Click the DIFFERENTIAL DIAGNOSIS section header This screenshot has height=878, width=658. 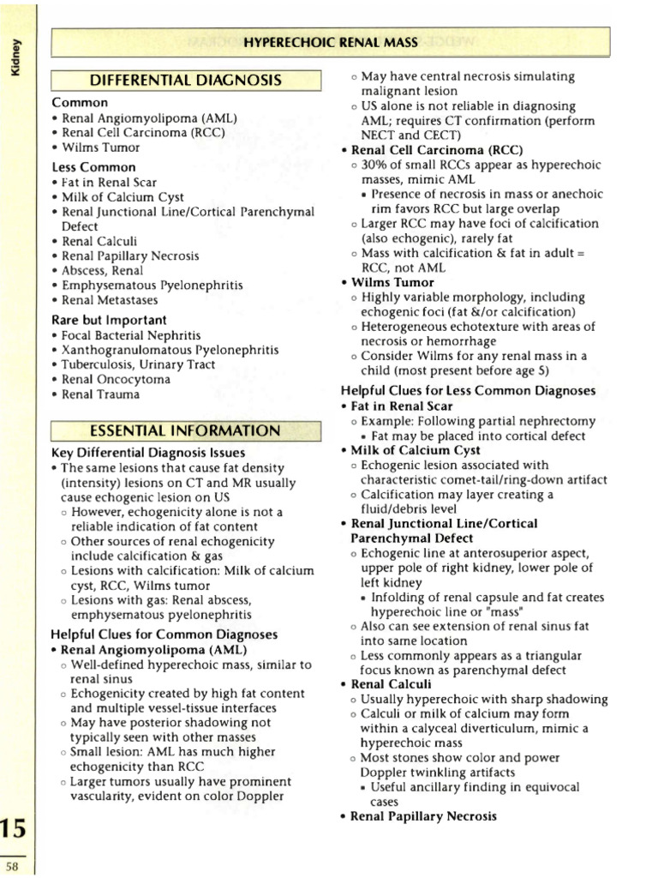pos(186,81)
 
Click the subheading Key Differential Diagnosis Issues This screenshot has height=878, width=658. pos(148,453)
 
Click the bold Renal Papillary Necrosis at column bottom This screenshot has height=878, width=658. pos(424,816)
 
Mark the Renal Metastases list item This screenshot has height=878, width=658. pos(110,301)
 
